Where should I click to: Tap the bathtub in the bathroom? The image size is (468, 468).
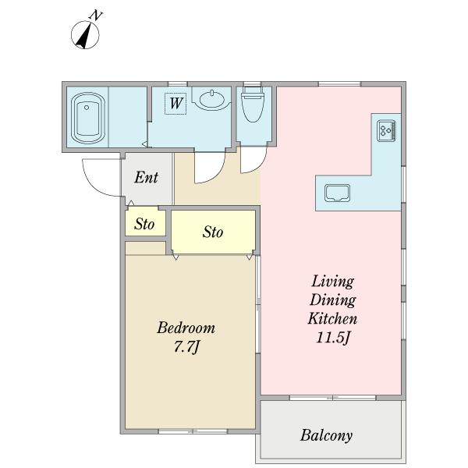pyautogui.click(x=88, y=119)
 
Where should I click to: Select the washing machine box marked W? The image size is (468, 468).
pyautogui.click(x=175, y=103)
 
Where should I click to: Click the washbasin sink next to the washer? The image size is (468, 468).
pyautogui.click(x=211, y=99)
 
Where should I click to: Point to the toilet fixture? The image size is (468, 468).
pyautogui.click(x=253, y=105)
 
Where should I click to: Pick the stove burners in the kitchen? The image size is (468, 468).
pyautogui.click(x=386, y=130)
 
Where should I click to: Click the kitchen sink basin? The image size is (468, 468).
pyautogui.click(x=337, y=193)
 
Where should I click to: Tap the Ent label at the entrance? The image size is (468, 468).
pyautogui.click(x=146, y=177)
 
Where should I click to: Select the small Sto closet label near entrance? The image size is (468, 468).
pyautogui.click(x=144, y=224)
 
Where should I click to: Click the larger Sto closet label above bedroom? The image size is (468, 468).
pyautogui.click(x=213, y=232)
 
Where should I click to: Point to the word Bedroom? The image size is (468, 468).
pyautogui.click(x=186, y=328)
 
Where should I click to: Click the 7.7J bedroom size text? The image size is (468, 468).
pyautogui.click(x=186, y=347)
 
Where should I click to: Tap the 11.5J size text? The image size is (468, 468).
pyautogui.click(x=333, y=338)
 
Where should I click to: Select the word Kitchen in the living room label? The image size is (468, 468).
pyautogui.click(x=332, y=318)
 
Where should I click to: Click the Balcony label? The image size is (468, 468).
pyautogui.click(x=326, y=435)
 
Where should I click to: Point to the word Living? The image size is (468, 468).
pyautogui.click(x=332, y=282)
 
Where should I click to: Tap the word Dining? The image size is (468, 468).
pyautogui.click(x=332, y=300)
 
